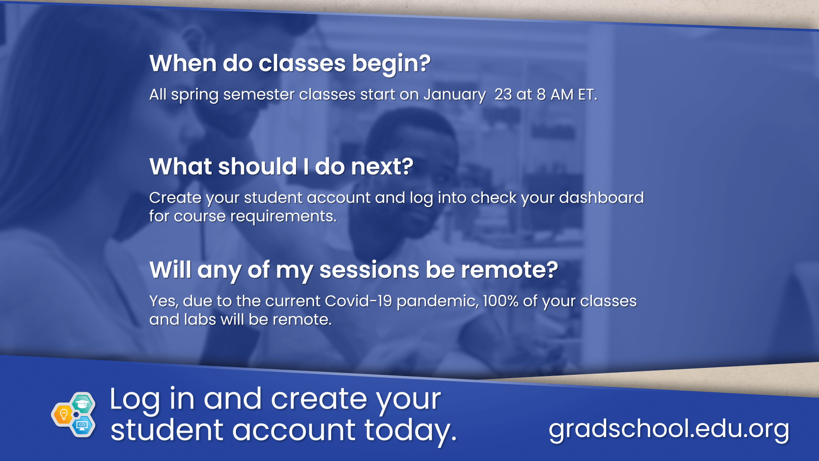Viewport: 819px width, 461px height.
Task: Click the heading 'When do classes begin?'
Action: click(x=290, y=64)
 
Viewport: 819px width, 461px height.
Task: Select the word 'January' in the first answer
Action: click(x=455, y=95)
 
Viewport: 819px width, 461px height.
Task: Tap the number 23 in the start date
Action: click(x=503, y=94)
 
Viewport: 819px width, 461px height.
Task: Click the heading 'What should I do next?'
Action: click(x=282, y=166)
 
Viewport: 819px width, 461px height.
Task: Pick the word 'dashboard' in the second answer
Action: click(x=601, y=198)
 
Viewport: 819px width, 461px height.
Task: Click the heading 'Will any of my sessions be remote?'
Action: click(x=354, y=270)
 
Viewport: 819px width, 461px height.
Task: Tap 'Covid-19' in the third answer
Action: click(x=358, y=301)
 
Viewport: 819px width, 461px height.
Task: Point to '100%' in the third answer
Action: click(x=501, y=301)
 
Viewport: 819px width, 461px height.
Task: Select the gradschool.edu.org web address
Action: click(x=669, y=429)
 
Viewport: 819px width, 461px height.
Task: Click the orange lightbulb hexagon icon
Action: click(x=64, y=414)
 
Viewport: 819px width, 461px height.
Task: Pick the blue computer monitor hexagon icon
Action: click(x=82, y=425)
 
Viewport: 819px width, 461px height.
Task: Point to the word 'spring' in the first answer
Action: click(x=195, y=95)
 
